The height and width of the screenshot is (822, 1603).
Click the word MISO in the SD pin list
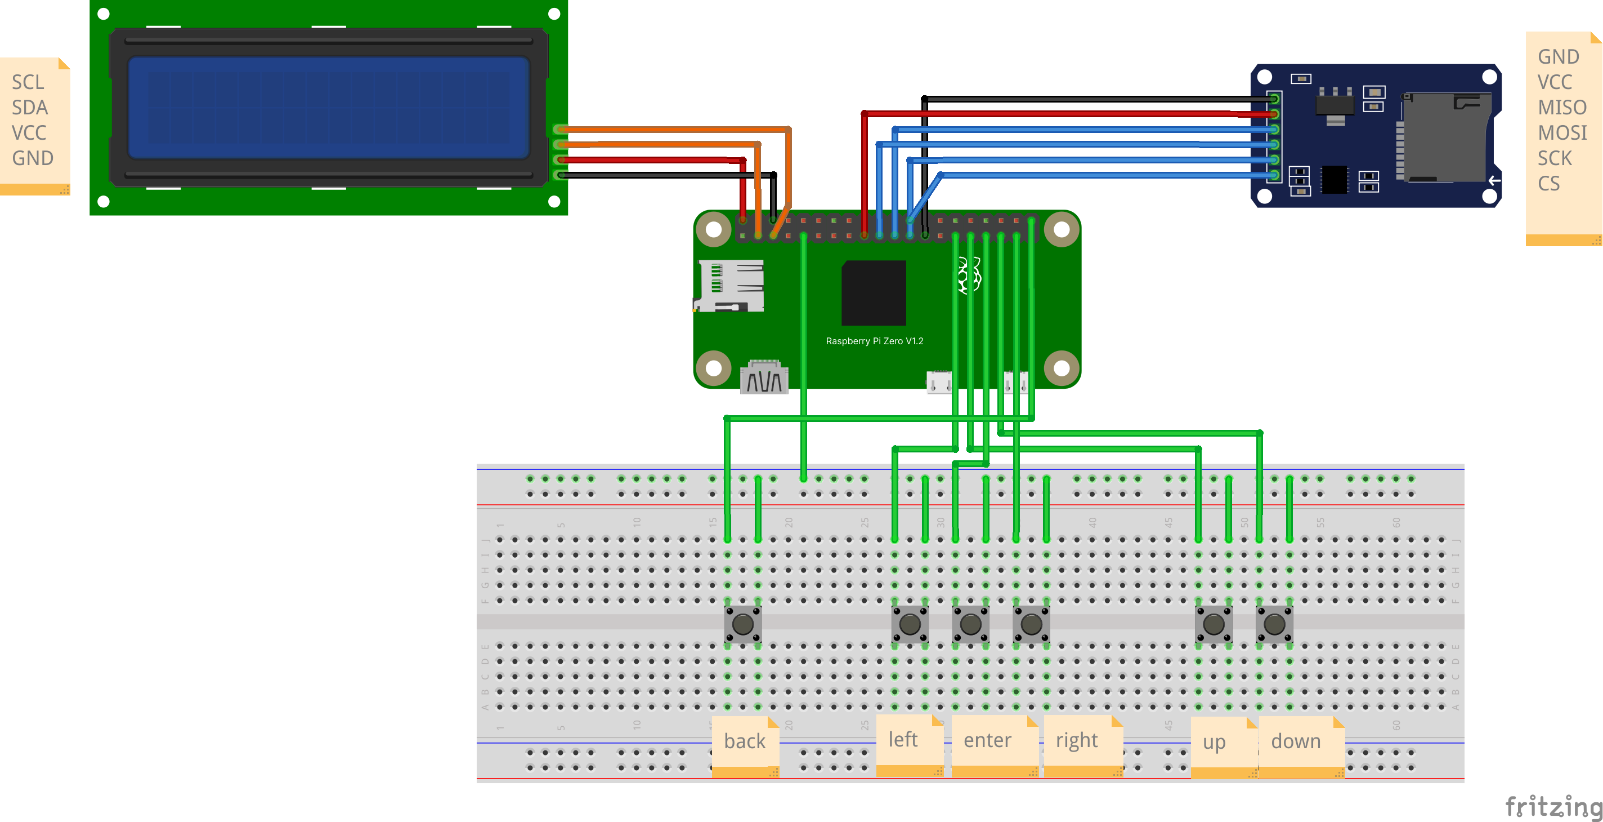coord(1562,108)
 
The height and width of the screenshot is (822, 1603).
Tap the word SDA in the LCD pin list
coord(29,108)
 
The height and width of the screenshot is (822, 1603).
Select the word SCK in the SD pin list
coord(1555,158)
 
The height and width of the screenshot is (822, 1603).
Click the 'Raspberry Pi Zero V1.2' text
coord(874,341)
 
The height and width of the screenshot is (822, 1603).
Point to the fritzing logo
coord(1553,807)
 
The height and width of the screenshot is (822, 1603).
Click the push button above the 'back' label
coord(743,624)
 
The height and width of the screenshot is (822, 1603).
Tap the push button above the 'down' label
coord(1274,624)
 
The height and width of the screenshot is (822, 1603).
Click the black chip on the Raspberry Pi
coord(874,292)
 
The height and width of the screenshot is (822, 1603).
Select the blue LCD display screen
coord(328,108)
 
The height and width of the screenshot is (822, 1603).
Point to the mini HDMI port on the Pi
coord(764,377)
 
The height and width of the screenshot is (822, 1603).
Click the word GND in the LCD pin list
coord(32,158)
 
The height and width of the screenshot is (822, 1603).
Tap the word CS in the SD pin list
coord(1549,184)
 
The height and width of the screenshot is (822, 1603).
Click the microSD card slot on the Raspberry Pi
coord(729,286)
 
